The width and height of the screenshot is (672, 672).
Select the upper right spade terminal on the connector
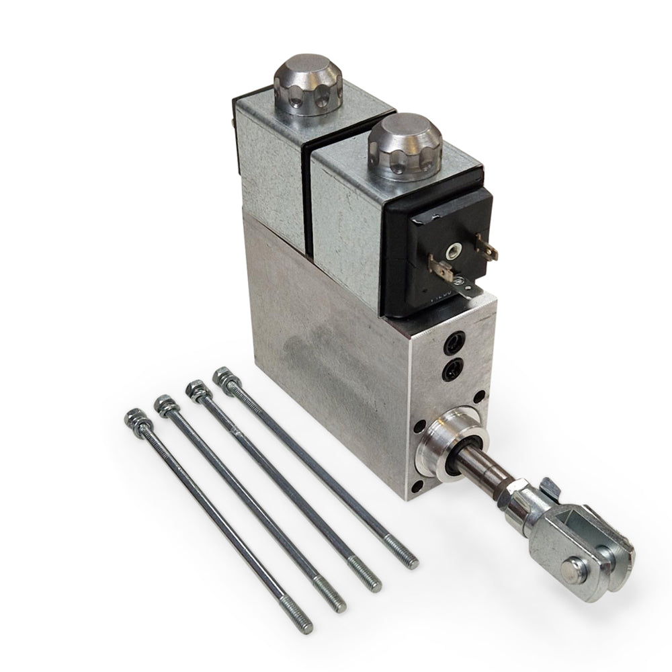[x=489, y=248]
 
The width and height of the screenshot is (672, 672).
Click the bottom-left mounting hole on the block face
[x=417, y=483]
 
